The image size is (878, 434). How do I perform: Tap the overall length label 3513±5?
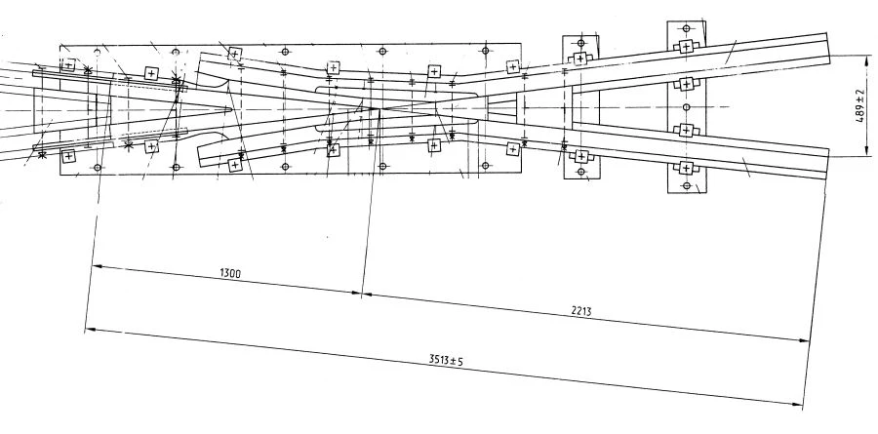point(445,360)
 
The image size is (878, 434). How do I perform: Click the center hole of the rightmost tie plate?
point(686,106)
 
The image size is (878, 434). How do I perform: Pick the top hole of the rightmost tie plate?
point(686,28)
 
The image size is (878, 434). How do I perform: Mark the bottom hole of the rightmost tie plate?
point(686,185)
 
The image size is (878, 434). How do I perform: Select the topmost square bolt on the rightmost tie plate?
point(686,47)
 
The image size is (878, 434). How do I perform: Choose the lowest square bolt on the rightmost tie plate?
point(686,169)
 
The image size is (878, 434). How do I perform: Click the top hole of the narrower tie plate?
point(580,43)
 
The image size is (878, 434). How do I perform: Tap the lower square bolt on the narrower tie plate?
point(580,156)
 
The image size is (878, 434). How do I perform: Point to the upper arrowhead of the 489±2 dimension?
point(866,58)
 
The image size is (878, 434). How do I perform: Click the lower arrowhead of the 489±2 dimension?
point(866,154)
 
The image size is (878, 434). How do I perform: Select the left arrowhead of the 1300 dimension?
point(95,265)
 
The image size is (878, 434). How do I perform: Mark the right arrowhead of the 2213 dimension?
point(809,340)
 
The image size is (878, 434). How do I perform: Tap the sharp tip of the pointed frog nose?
point(232,107)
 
